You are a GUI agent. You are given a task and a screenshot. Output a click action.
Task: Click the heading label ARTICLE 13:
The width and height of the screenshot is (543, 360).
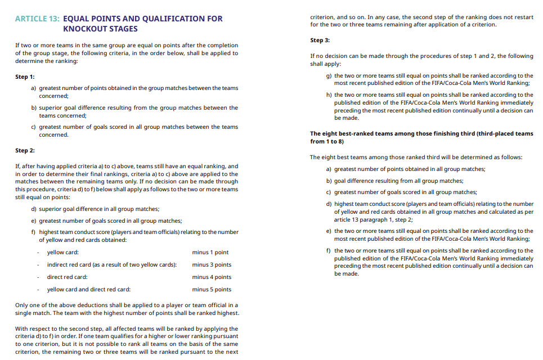coord(37,19)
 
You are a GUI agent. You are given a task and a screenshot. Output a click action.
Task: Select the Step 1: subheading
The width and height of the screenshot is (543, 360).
coord(25,76)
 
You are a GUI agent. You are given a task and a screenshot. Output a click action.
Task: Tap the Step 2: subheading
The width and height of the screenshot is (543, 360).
coord(25,151)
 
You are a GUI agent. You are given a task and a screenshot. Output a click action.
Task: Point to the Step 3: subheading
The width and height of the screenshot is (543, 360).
coord(320,40)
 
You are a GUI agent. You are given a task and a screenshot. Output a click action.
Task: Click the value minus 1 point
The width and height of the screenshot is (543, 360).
coord(210,253)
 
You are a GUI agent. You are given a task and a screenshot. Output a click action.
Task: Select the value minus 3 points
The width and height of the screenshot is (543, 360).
coord(212,265)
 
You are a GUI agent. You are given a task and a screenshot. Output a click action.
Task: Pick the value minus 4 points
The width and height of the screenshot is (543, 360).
coord(212,277)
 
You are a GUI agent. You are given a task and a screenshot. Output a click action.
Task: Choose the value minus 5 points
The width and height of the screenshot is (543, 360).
coord(212,290)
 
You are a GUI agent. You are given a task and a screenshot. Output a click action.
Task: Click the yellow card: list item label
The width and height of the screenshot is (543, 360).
coord(62,253)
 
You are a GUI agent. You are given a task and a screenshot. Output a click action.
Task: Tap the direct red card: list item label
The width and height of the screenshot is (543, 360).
coord(67,277)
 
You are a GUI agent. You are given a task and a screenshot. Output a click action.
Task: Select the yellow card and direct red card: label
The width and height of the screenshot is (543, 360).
coord(88,290)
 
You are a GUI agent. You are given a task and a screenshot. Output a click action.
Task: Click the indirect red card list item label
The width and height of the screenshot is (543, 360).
coord(111,265)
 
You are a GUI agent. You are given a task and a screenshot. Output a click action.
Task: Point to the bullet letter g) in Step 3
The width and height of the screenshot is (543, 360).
coord(329,75)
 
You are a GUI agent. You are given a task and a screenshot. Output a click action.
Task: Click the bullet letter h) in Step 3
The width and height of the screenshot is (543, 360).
coord(329,95)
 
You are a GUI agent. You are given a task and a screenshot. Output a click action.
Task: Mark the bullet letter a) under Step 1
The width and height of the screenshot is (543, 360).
coord(34,88)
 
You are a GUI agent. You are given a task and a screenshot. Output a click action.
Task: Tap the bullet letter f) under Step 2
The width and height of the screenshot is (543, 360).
coord(33,232)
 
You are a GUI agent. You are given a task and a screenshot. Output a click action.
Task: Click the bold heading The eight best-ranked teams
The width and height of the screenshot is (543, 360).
coord(421,134)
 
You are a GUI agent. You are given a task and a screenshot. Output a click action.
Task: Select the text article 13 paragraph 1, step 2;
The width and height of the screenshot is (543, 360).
coord(373,219)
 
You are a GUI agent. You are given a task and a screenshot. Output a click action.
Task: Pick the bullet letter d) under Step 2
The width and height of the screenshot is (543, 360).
coord(34,209)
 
